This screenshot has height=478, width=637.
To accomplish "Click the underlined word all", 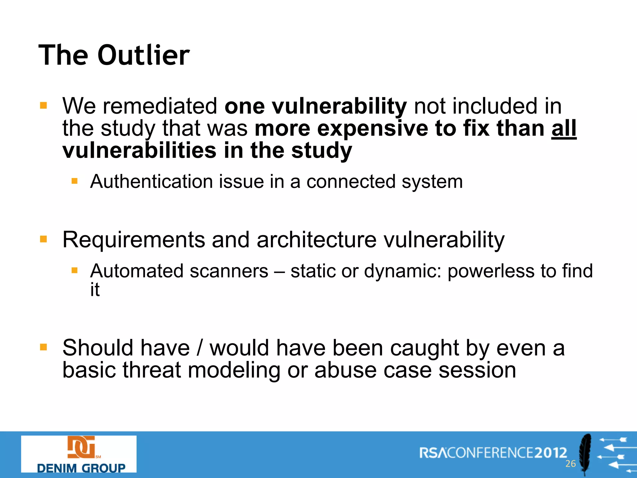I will click(564, 128).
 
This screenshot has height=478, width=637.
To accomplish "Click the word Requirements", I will click(133, 240).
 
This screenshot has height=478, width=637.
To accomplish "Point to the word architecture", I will click(316, 240).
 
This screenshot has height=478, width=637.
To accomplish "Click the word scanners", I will click(229, 271).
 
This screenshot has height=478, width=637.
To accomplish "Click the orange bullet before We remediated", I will click(44, 105).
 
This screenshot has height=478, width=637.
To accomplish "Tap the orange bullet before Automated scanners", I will click(74, 270).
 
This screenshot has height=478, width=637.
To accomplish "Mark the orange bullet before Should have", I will click(44, 347).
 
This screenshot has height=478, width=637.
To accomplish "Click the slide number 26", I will click(570, 464).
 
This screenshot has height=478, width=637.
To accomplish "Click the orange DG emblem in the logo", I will click(81, 447).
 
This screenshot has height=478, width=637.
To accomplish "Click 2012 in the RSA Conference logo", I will click(551, 452).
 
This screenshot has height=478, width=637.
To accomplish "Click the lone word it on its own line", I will click(95, 290).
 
